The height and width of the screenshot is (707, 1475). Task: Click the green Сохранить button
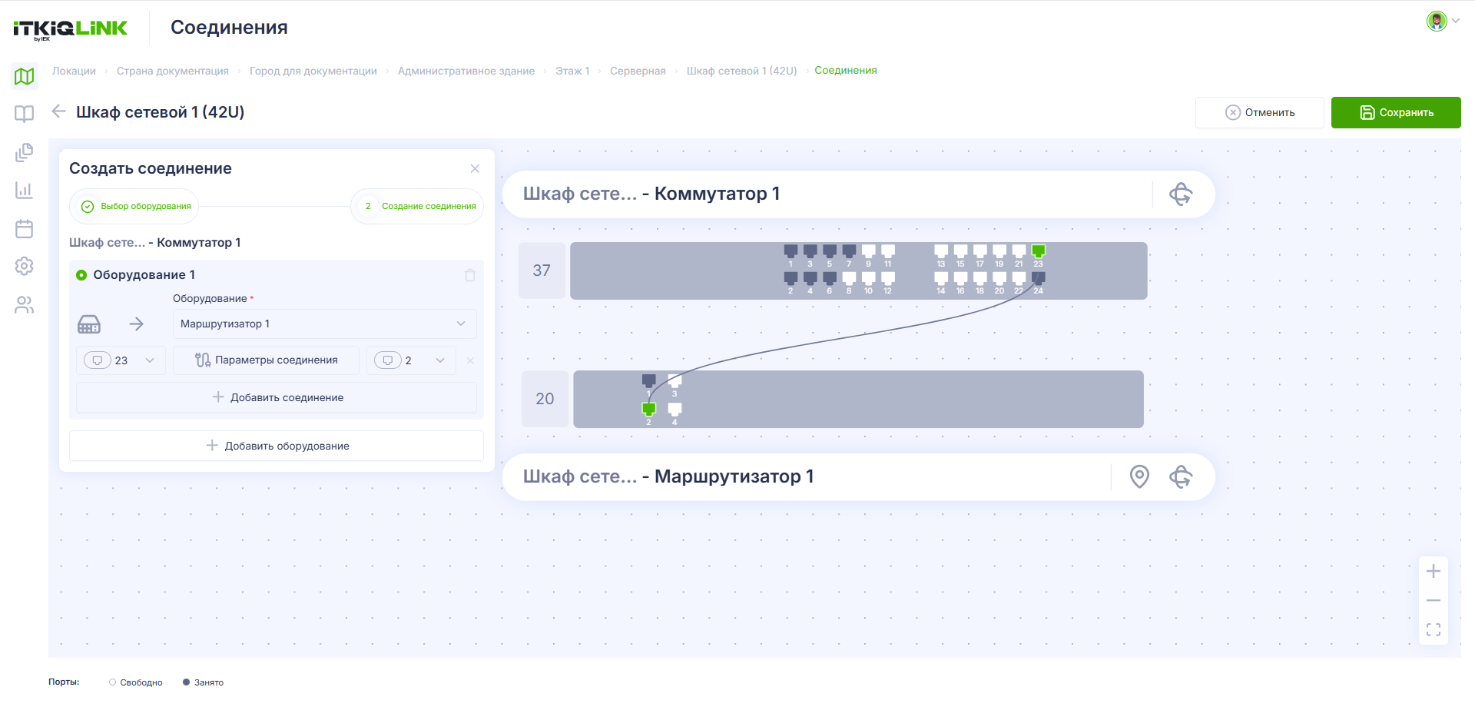[1396, 112]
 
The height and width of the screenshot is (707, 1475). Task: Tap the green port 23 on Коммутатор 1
[1038, 251]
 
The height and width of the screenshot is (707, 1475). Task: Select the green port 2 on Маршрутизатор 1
[649, 409]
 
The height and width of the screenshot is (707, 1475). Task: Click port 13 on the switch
[941, 251]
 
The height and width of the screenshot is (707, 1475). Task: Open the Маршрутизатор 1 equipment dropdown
[324, 324]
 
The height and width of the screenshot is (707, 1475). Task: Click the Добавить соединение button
[277, 397]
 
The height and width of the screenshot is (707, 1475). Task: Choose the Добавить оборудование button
[277, 446]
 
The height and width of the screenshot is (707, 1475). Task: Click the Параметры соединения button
[266, 360]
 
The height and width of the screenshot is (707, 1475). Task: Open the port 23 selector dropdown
[121, 360]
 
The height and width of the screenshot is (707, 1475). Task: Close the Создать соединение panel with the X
[475, 168]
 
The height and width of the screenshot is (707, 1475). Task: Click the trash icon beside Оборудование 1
[470, 275]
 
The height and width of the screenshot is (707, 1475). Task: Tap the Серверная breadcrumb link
[638, 71]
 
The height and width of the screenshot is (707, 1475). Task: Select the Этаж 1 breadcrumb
[572, 71]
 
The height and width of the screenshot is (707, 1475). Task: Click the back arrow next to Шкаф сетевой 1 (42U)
[58, 111]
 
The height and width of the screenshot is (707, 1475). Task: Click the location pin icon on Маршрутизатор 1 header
[1139, 476]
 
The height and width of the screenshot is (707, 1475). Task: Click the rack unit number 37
[542, 271]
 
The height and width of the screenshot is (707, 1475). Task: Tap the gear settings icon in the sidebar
[25, 266]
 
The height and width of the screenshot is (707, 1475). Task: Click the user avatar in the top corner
[1437, 21]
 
